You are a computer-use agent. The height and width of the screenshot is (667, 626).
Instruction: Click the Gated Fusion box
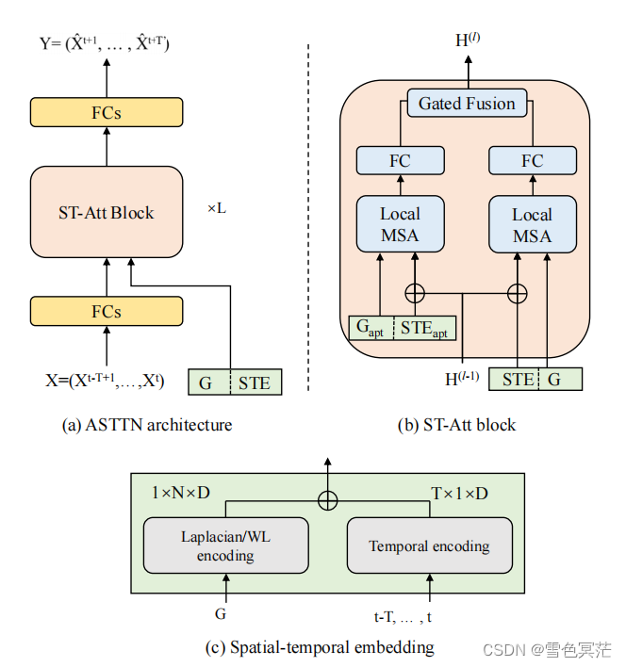467,103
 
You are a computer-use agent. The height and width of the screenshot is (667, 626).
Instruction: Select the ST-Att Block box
106,212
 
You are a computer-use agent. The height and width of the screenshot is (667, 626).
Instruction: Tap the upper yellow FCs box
106,113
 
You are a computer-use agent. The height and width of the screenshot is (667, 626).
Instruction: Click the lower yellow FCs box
106,311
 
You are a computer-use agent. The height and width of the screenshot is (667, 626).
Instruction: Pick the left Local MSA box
400,224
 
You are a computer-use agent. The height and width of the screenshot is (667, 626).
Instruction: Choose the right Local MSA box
532,224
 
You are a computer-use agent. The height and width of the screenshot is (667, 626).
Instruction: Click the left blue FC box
400,161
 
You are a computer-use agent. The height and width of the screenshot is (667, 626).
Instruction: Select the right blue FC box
532,161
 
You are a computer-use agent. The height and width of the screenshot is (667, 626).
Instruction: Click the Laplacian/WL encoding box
225,545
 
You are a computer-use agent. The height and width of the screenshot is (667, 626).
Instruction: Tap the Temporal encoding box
429,545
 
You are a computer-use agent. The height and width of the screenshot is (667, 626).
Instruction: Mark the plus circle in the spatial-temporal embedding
327,500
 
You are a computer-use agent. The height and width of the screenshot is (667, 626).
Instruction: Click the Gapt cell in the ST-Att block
370,329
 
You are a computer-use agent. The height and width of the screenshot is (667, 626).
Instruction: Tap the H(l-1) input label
462,380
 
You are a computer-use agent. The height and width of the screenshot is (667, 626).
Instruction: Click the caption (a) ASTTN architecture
146,425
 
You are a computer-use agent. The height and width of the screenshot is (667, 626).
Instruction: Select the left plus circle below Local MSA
413,293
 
